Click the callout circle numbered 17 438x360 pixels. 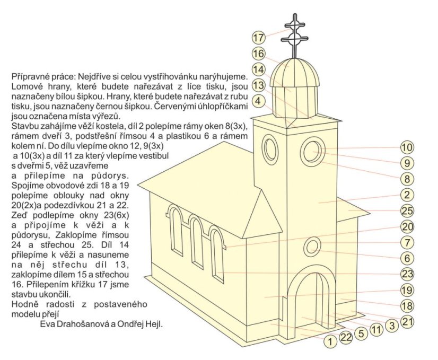pyautogui.click(x=258, y=38)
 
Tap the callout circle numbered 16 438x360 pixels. pyautogui.click(x=258, y=54)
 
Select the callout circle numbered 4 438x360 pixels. pyautogui.click(x=258, y=100)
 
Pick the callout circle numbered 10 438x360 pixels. pyautogui.click(x=407, y=147)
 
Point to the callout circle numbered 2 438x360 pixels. pyautogui.click(x=407, y=195)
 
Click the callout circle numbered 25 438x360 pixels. pyautogui.click(x=407, y=210)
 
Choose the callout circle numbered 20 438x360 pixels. pyautogui.click(x=407, y=227)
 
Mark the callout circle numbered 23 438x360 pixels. pyautogui.click(x=407, y=274)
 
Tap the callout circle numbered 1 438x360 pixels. pyautogui.click(x=330, y=342)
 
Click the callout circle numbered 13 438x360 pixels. pyautogui.click(x=258, y=85)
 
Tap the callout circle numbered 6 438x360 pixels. pyautogui.click(x=407, y=258)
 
